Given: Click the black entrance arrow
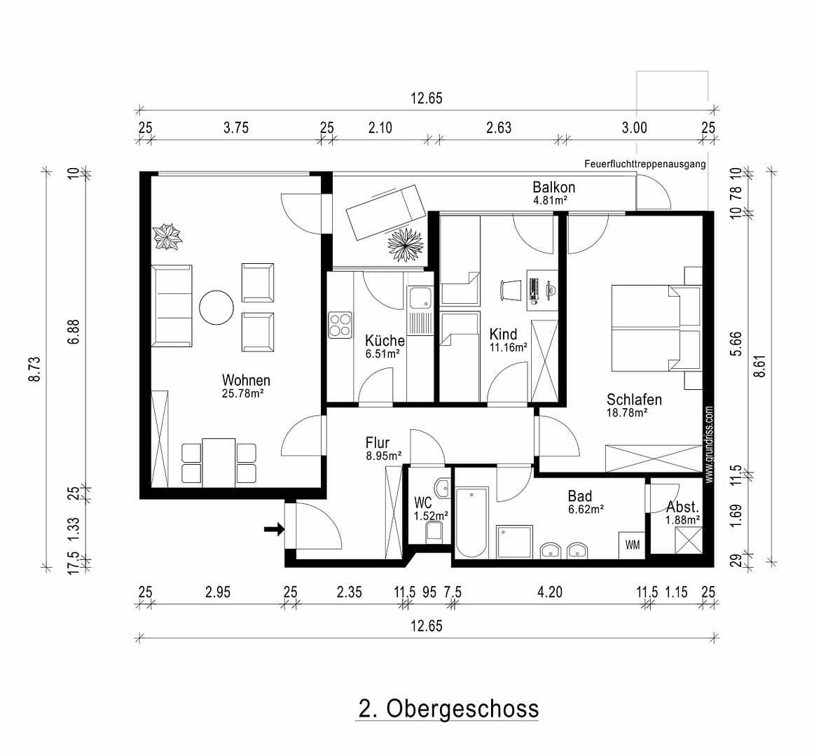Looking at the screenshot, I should (x=274, y=530).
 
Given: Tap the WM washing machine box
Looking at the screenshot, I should (x=632, y=545).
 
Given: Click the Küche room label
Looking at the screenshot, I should (x=385, y=341).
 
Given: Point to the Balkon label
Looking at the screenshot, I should (x=553, y=187).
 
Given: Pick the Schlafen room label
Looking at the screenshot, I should (x=634, y=400).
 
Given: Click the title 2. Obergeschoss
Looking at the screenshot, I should (x=448, y=708).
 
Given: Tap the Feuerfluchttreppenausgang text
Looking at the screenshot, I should (x=644, y=164).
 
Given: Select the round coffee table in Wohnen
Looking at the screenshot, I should (x=216, y=307).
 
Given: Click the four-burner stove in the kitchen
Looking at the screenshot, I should (x=340, y=324).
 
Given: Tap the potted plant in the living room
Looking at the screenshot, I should (x=167, y=236).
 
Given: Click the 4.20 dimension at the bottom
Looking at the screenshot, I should (x=549, y=592).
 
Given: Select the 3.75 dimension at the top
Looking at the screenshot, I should (x=235, y=127).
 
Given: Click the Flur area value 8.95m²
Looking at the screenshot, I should (x=384, y=456).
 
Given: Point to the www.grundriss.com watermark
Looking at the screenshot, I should (x=709, y=444).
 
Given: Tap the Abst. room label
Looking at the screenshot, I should (x=682, y=507).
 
